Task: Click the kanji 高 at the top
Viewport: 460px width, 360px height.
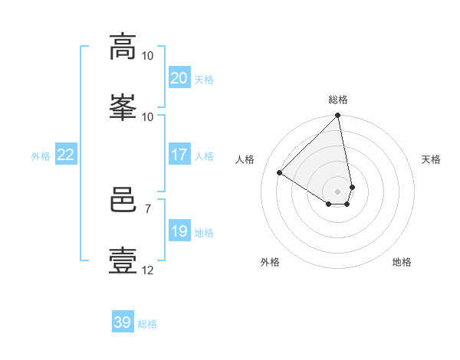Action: tap(123, 47)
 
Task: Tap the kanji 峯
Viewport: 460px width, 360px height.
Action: tap(123, 107)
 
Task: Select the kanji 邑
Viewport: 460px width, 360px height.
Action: tap(123, 199)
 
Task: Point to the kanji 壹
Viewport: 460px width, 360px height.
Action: tap(123, 260)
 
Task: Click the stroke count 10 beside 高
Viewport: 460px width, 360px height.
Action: tap(147, 56)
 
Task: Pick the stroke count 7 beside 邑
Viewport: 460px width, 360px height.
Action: tap(148, 209)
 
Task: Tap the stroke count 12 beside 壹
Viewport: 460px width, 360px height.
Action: tap(147, 270)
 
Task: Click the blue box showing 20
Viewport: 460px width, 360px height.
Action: tap(179, 77)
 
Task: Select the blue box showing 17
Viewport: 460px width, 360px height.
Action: tap(179, 154)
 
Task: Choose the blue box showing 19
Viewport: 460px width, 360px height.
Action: tap(179, 230)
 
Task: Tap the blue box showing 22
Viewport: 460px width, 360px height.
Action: tap(66, 154)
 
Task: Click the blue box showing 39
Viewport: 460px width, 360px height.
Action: tap(123, 321)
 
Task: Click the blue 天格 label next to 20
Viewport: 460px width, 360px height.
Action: tap(204, 80)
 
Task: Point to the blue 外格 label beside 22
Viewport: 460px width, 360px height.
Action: tap(41, 156)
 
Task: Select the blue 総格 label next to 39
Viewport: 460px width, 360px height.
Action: tap(147, 324)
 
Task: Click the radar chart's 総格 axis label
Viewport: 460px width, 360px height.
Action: tap(338, 100)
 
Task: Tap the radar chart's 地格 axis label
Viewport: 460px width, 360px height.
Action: tap(402, 262)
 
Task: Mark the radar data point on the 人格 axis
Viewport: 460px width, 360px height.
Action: tap(279, 172)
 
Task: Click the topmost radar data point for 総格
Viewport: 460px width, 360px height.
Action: tap(337, 115)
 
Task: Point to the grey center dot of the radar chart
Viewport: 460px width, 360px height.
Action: tap(337, 191)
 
